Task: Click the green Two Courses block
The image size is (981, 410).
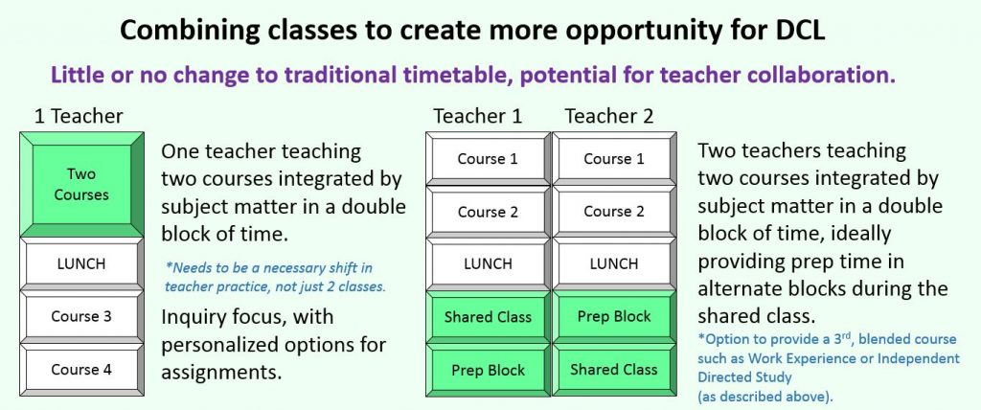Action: (x=81, y=185)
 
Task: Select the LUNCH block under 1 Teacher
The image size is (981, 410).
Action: (x=81, y=263)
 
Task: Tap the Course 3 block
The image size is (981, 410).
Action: (x=81, y=316)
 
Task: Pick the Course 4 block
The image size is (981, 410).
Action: (x=81, y=370)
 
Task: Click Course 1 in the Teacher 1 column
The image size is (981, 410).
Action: (x=488, y=158)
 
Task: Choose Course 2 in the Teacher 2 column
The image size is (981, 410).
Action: (x=614, y=212)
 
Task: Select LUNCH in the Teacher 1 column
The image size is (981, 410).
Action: (x=488, y=263)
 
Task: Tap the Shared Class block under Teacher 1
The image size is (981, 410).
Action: (x=488, y=317)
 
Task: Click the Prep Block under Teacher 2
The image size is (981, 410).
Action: (x=614, y=317)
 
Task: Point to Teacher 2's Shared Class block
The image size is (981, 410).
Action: (x=614, y=370)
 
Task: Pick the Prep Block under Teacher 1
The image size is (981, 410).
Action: (x=488, y=370)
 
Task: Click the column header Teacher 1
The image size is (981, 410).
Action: (x=478, y=117)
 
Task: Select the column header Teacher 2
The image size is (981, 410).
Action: (x=609, y=117)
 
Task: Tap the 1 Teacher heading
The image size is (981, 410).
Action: (x=79, y=117)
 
